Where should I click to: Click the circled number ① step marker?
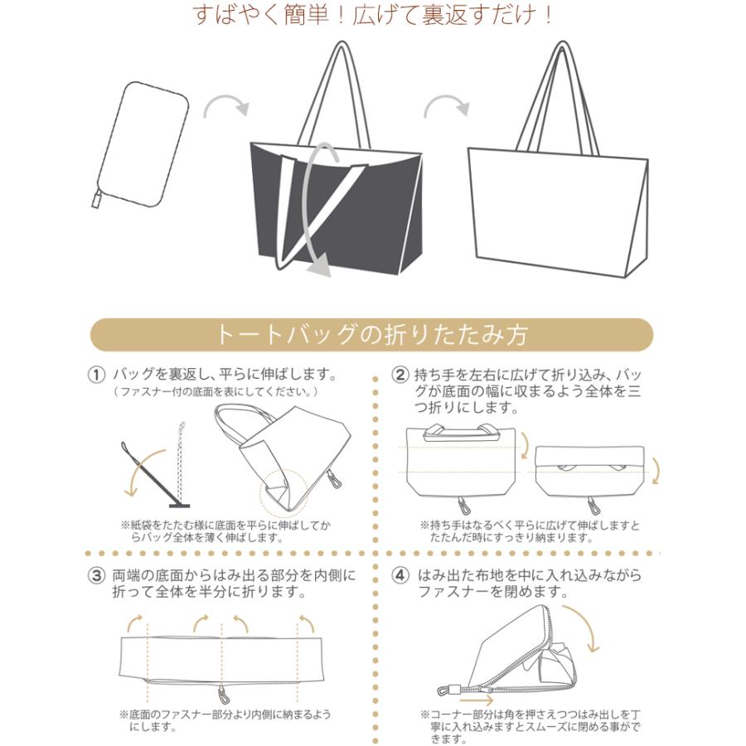click(97, 375)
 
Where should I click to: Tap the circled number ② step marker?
click(400, 375)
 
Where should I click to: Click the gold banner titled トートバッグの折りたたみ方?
click(371, 335)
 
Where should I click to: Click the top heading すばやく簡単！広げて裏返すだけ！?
click(372, 16)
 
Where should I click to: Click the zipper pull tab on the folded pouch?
click(96, 199)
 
